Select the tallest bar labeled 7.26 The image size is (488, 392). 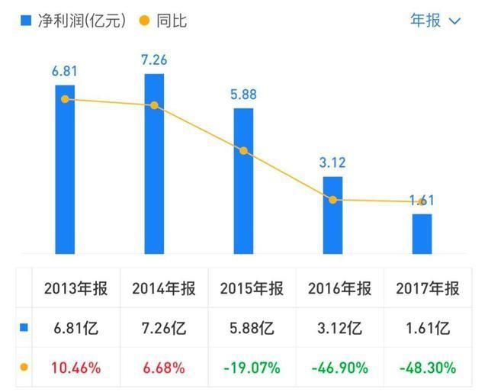[154, 164]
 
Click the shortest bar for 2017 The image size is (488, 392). [422, 233]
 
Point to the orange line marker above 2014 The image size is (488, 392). [154, 105]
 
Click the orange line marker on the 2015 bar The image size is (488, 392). [243, 151]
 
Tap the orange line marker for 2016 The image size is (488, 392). [332, 200]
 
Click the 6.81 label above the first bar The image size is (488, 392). [65, 72]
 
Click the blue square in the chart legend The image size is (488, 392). [25, 21]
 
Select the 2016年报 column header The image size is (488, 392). [339, 289]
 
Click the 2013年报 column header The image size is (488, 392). [75, 289]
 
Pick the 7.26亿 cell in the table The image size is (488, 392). [163, 329]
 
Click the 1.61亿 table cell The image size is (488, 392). [428, 329]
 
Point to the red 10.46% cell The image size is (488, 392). [75, 368]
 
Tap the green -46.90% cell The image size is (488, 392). [339, 368]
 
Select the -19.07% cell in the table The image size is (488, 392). [252, 368]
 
